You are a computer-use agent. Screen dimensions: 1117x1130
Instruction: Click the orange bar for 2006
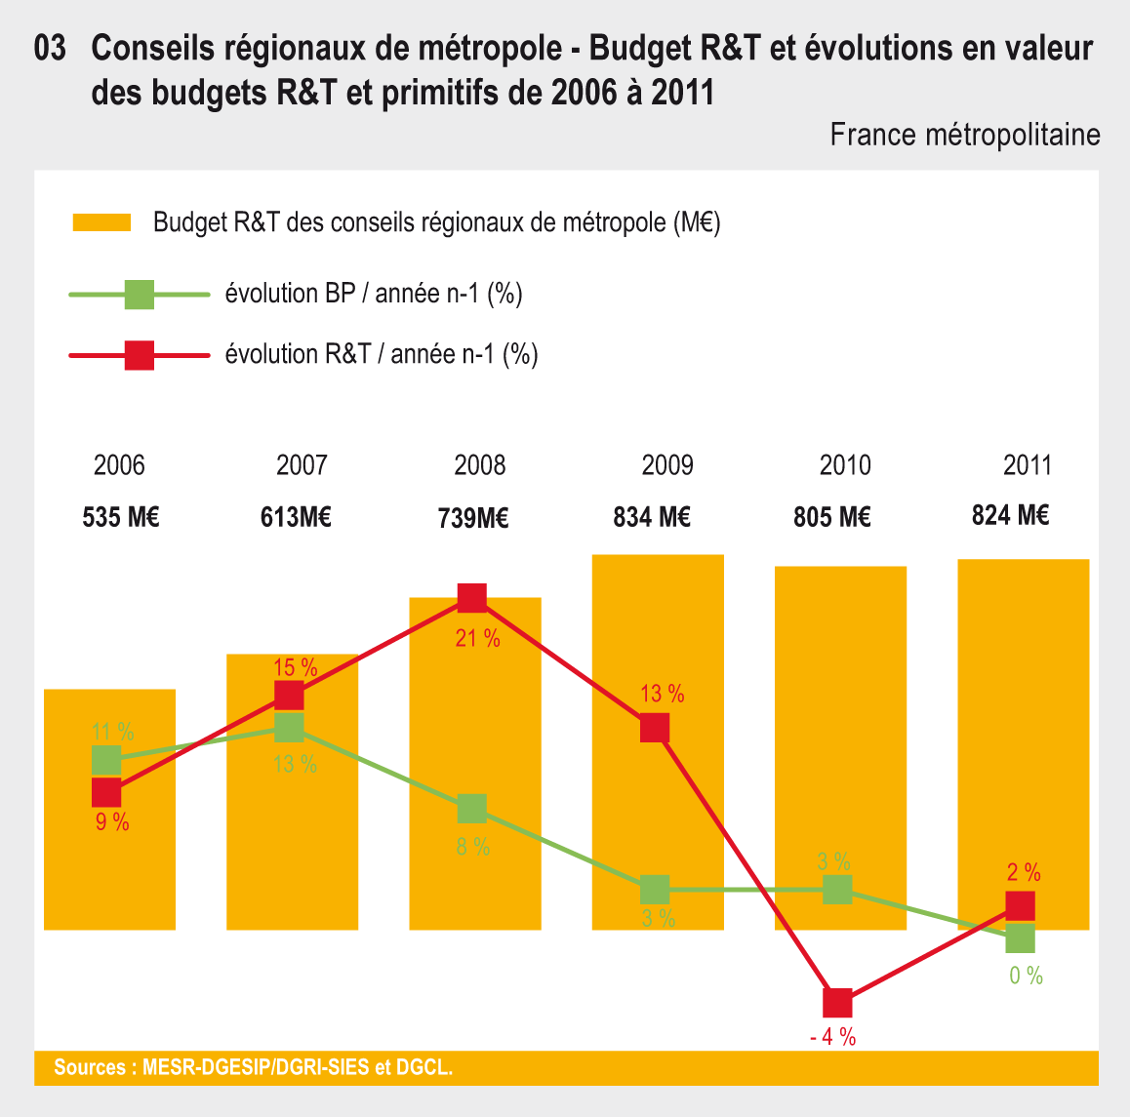pyautogui.click(x=110, y=858)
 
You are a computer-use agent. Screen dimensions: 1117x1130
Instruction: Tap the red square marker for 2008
pyautogui.click(x=472, y=597)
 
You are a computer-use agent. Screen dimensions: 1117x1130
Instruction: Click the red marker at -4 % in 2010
pyautogui.click(x=837, y=1003)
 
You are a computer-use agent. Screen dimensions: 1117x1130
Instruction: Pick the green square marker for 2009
pyautogui.click(x=655, y=890)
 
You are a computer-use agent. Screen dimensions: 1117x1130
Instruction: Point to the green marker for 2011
pyautogui.click(x=1020, y=938)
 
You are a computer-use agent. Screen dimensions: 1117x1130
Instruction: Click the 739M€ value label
pyautogui.click(x=473, y=518)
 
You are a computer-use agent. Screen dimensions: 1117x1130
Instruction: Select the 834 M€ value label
pyautogui.click(x=652, y=517)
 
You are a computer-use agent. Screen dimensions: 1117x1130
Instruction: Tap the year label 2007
pyautogui.click(x=302, y=465)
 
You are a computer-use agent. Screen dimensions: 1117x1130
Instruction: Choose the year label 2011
pyautogui.click(x=1028, y=465)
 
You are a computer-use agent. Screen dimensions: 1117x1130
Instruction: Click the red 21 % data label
pyautogui.click(x=477, y=639)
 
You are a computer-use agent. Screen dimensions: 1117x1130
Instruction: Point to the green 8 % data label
pyautogui.click(x=473, y=847)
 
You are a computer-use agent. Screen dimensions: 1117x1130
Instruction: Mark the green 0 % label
pyautogui.click(x=1026, y=976)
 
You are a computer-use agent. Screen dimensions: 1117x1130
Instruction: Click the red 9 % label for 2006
pyautogui.click(x=112, y=822)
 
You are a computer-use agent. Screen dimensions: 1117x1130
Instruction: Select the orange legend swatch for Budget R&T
pyautogui.click(x=101, y=222)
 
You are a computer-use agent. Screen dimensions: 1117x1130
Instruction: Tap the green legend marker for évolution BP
pyautogui.click(x=140, y=294)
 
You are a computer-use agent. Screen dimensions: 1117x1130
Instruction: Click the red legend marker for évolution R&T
pyautogui.click(x=140, y=355)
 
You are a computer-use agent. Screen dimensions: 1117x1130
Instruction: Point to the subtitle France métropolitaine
pyautogui.click(x=964, y=135)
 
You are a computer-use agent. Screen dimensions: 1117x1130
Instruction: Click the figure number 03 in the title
pyautogui.click(x=50, y=49)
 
